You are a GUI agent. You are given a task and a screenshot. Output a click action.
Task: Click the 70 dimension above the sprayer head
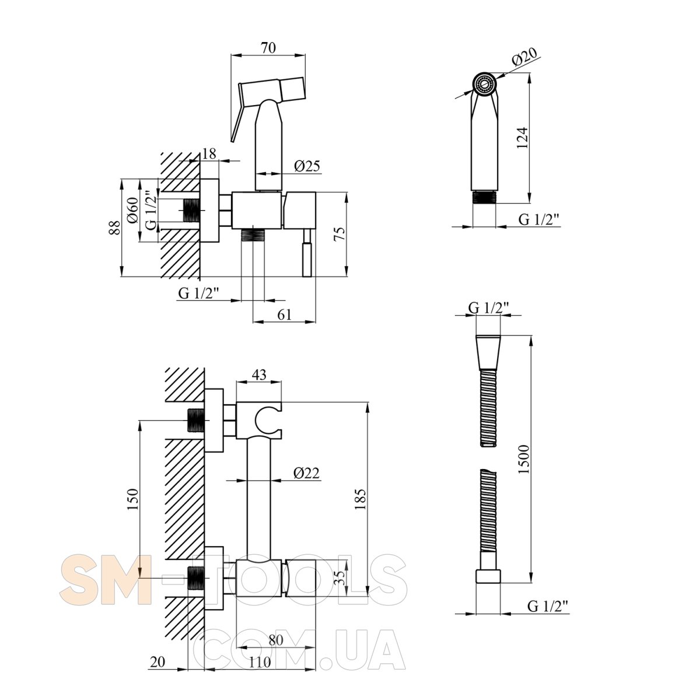point(268,48)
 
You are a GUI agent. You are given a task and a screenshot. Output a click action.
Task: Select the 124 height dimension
point(522,138)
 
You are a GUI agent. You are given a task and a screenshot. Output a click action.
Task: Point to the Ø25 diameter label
point(307,166)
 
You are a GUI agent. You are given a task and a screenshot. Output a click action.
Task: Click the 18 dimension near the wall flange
point(209,153)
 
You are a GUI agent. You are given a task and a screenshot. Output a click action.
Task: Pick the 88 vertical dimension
point(115,228)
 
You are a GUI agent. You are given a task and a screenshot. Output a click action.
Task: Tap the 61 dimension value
point(285,314)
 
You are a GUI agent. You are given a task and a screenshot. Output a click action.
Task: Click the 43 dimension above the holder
point(259,374)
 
